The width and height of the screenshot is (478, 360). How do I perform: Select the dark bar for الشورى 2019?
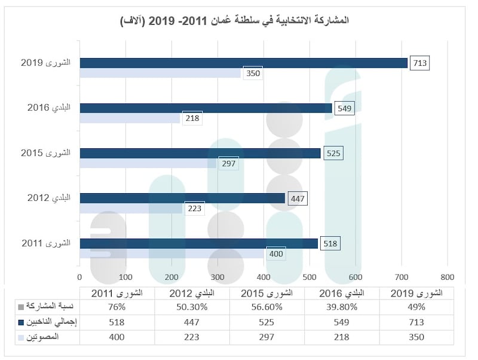[x=243, y=63]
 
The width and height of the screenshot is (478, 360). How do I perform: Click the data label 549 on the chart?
[x=345, y=108]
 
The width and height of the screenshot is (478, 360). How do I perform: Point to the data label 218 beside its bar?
[x=192, y=118]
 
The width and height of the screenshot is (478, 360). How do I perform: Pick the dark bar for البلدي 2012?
[x=182, y=198]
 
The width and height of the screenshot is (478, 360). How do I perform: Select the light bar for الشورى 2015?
[x=148, y=163]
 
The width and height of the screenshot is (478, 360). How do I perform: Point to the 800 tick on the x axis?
[x=448, y=277]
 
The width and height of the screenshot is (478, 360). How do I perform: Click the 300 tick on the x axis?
[x=217, y=277]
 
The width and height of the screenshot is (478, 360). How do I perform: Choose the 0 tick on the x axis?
[x=79, y=277]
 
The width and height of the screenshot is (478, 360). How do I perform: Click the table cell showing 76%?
[x=117, y=307]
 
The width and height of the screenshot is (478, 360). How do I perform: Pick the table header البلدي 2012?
[x=192, y=293]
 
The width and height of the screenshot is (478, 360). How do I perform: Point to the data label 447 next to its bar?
[x=297, y=198]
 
